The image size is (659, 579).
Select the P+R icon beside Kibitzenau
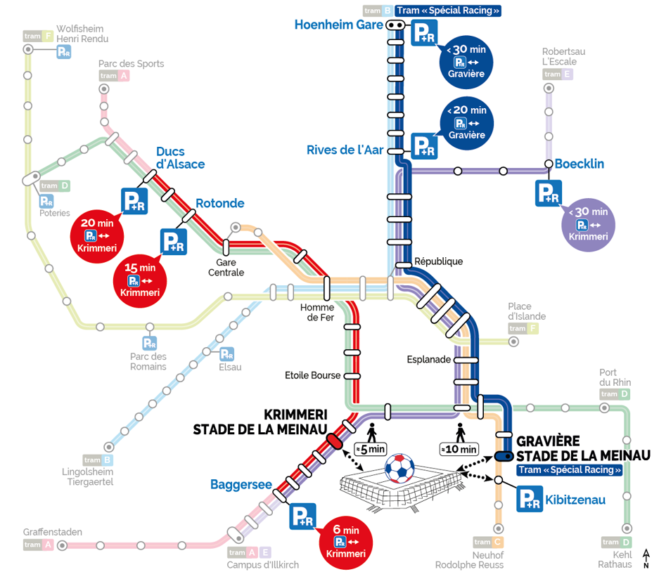(x=529, y=500)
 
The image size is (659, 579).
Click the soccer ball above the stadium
(x=399, y=469)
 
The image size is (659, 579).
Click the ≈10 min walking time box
(x=459, y=449)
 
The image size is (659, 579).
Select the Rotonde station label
(x=219, y=204)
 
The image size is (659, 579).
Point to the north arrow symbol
(x=646, y=559)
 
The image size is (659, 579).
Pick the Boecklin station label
(x=580, y=164)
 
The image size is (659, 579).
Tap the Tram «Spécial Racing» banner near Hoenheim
(x=448, y=11)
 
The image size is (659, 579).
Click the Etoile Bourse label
(x=312, y=375)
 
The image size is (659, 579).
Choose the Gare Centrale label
(x=226, y=267)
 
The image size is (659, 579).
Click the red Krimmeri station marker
(x=334, y=441)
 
